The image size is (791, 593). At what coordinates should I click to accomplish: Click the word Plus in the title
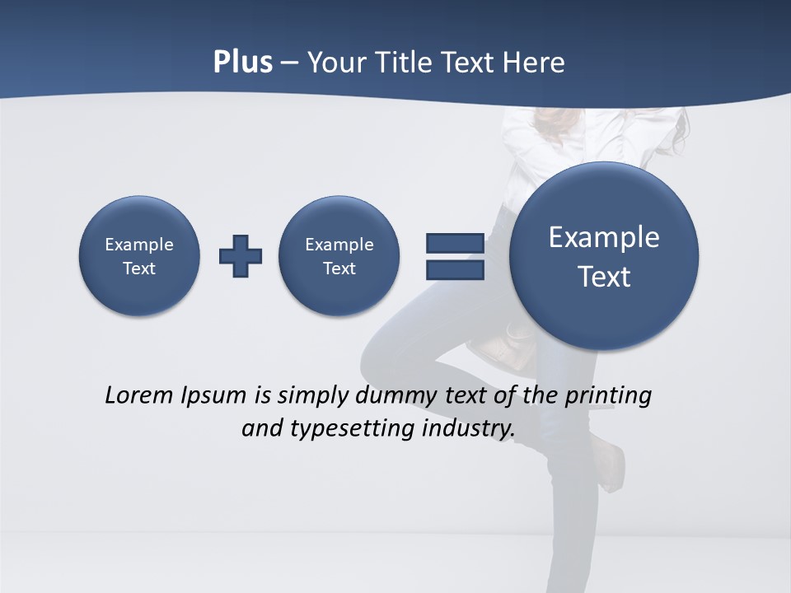tap(242, 63)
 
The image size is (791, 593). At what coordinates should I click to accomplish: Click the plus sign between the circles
tap(241, 256)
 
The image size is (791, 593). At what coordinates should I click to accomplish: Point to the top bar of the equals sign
tap(455, 243)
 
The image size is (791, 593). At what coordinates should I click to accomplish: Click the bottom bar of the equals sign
tap(455, 270)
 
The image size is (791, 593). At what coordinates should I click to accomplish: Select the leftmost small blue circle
tap(139, 255)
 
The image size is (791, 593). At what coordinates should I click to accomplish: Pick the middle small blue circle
tap(339, 255)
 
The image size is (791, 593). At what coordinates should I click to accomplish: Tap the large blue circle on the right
tap(604, 256)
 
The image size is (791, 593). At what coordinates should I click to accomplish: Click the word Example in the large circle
tap(604, 237)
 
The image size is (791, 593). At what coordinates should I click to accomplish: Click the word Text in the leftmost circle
tap(139, 268)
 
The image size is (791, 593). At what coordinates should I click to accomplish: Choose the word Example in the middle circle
tap(339, 245)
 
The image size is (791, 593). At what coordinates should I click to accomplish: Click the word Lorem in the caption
tap(139, 395)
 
